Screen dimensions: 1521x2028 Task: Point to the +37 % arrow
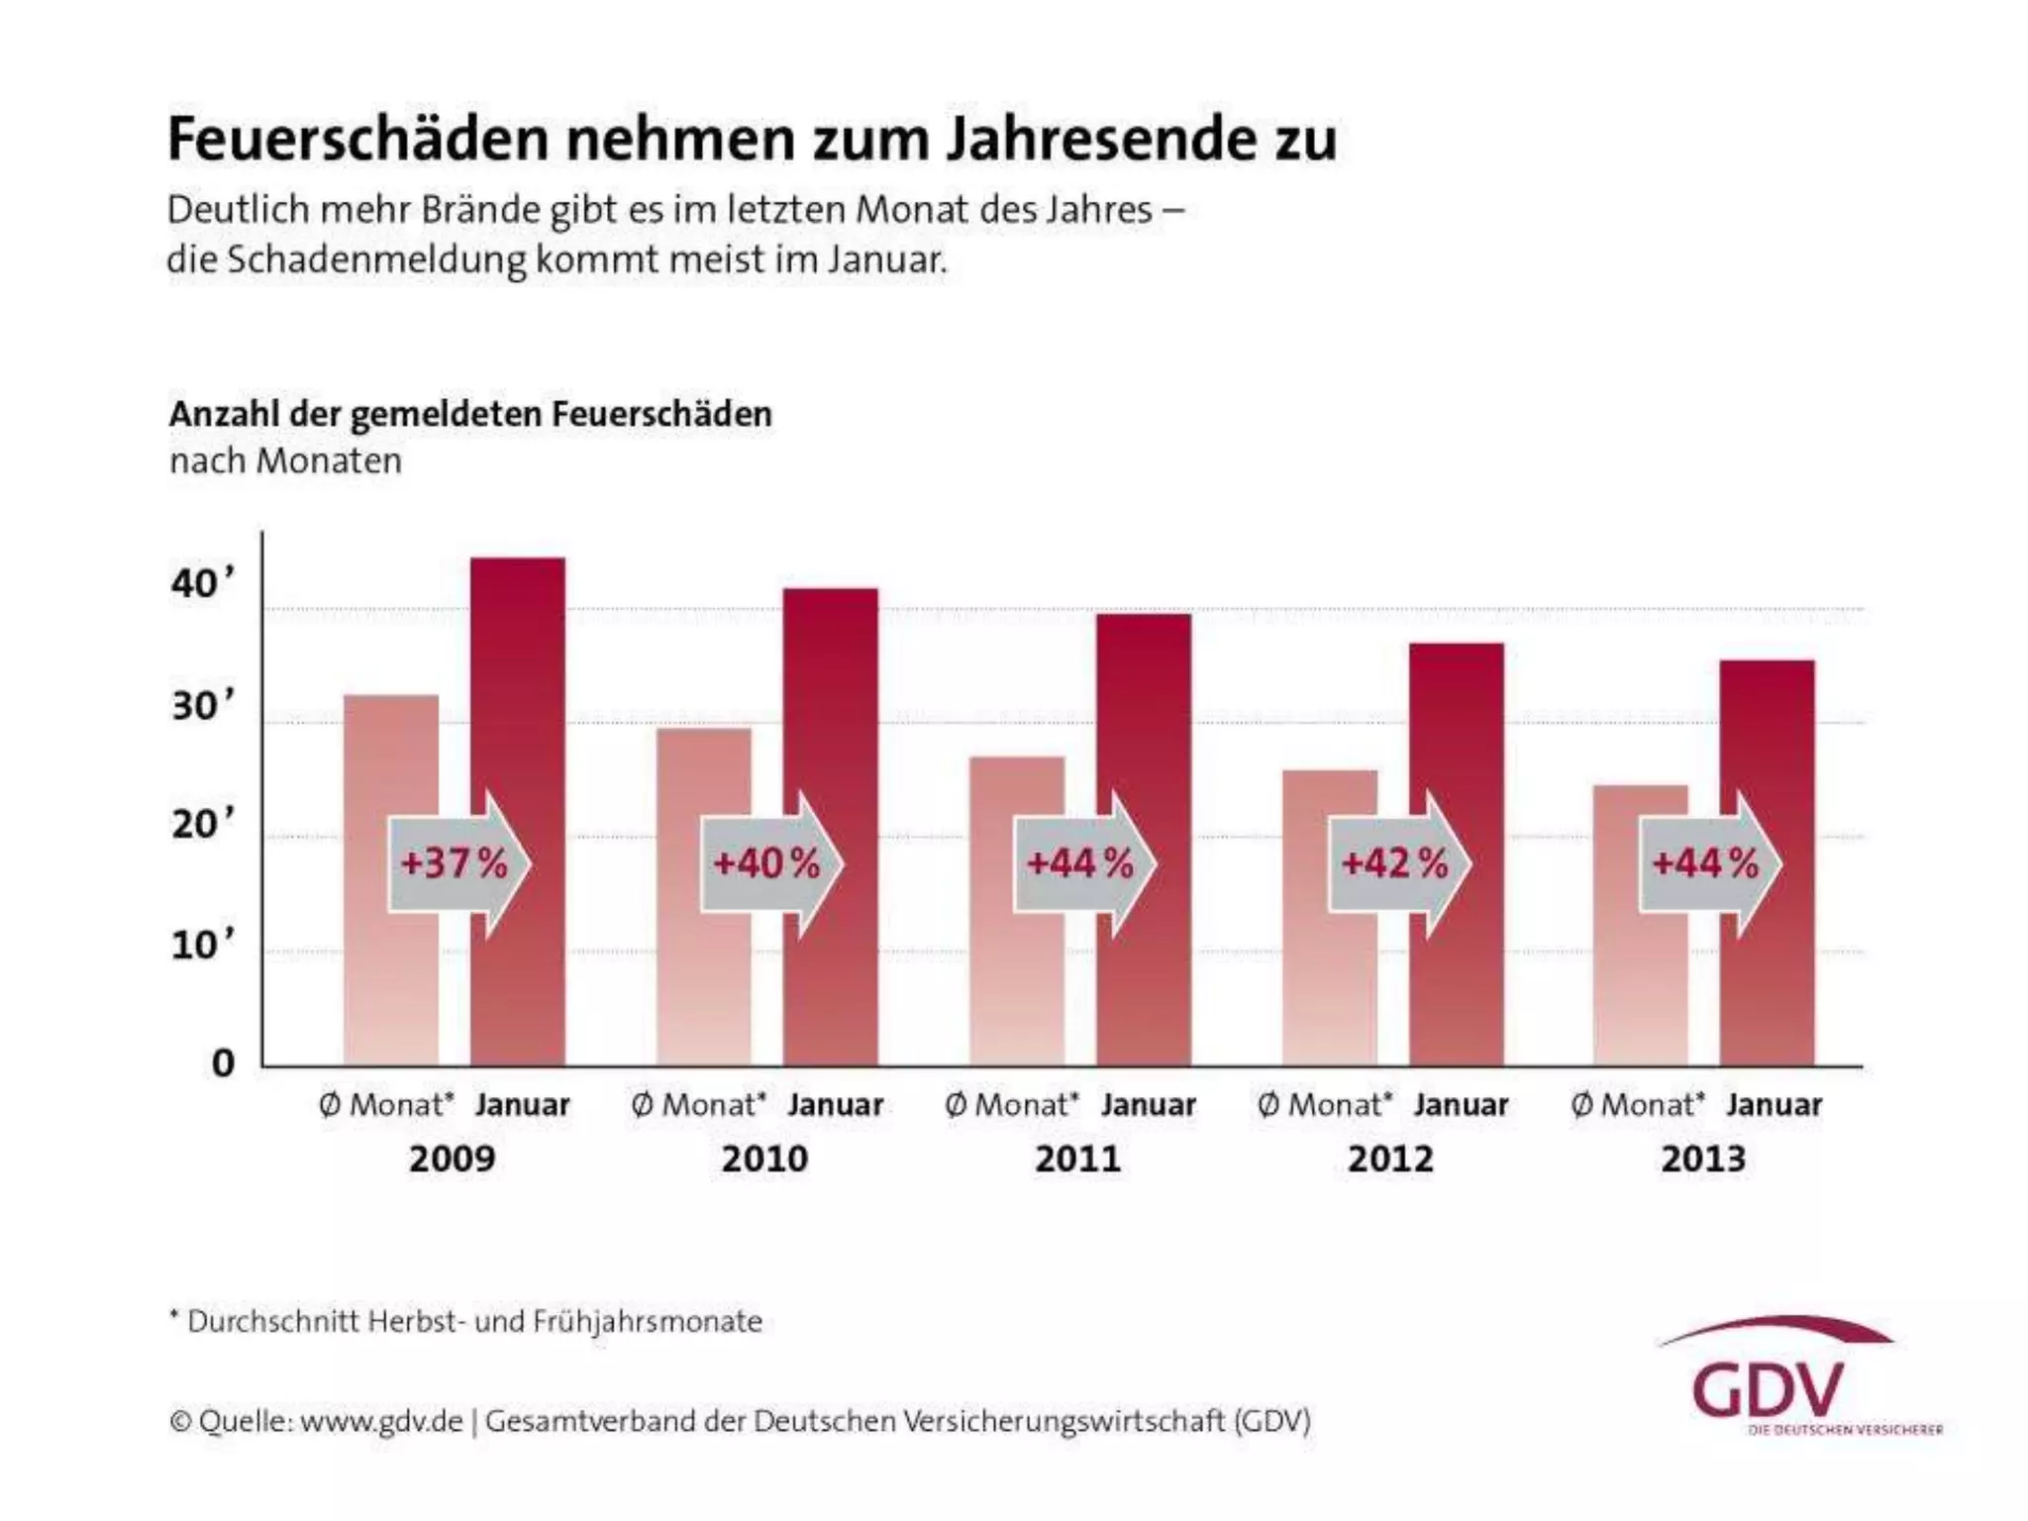point(458,863)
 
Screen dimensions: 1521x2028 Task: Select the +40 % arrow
point(770,863)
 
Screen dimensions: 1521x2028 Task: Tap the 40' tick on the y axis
point(203,584)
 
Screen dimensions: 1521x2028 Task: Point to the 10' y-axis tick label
point(203,946)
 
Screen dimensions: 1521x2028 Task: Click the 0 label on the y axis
point(224,1064)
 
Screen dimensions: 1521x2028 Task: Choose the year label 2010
point(764,1159)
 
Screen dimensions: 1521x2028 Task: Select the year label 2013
point(1703,1159)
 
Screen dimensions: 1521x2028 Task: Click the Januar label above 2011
point(1149,1105)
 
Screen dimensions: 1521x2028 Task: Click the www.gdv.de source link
point(381,1421)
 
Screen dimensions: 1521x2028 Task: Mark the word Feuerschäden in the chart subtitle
point(660,414)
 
